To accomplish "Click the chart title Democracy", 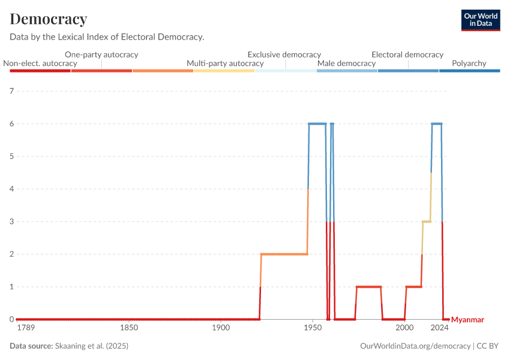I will (49, 19).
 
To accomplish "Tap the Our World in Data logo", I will (481, 20).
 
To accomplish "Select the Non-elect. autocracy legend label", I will (40, 63).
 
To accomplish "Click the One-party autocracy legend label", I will (101, 55).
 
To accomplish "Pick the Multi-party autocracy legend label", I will (225, 63).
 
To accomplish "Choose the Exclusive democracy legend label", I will (284, 55).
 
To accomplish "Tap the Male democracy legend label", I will (346, 63).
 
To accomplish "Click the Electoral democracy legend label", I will (407, 55).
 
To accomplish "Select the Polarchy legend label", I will (469, 63).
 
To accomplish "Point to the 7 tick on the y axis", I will (11, 91).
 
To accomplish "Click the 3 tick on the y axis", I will (11, 221).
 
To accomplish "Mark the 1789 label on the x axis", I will (26, 328).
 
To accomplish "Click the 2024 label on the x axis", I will (440, 328).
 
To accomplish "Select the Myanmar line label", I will (467, 320).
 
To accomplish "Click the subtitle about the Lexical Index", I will (107, 37).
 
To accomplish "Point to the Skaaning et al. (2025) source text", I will (92, 346).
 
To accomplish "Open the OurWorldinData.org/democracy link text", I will (415, 346).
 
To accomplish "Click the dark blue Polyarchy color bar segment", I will (469, 71).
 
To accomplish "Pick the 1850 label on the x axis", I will (129, 328).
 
